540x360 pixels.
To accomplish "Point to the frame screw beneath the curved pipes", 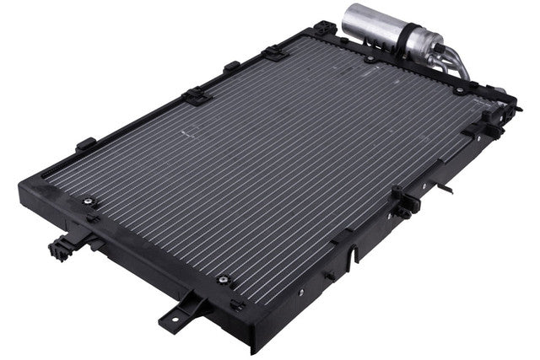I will (x=457, y=87).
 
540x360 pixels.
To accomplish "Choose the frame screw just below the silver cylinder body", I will (x=369, y=59).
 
